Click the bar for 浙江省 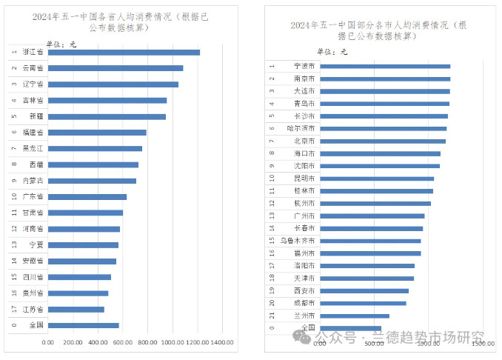pos(124,52)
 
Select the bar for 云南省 pos(116,68)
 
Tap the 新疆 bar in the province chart pos(107,116)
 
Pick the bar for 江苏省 pos(76,309)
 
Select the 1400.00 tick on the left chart pos(223,342)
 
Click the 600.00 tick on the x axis pos(123,342)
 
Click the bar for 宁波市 pos(385,66)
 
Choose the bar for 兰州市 pos(355,316)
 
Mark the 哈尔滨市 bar pos(384,128)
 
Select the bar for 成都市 pos(363,303)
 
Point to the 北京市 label pos(304,141)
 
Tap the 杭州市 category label pos(304,203)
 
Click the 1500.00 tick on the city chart pos(483,344)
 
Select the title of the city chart pos(378,30)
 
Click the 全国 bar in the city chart pos(351,328)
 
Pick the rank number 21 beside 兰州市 pos(272,316)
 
